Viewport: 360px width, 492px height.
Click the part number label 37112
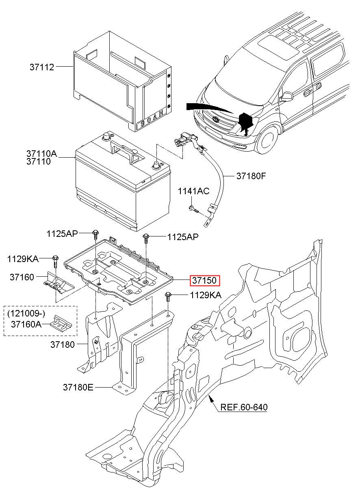tap(42, 67)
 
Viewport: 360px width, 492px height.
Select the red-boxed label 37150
tap(205, 280)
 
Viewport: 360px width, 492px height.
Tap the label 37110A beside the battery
tap(41, 154)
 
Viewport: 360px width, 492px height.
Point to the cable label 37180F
tap(251, 176)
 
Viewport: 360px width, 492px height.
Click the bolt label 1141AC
tap(193, 191)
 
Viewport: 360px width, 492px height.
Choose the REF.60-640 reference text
tap(244, 407)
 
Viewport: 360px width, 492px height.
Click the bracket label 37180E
tap(78, 387)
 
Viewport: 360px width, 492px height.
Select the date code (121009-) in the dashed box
tap(26, 313)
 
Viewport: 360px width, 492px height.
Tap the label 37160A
tap(26, 324)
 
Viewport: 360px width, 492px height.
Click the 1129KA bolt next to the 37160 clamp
tap(55, 261)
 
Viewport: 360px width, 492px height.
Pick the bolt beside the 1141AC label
tap(193, 209)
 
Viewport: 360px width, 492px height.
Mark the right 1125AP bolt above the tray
tap(145, 238)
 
